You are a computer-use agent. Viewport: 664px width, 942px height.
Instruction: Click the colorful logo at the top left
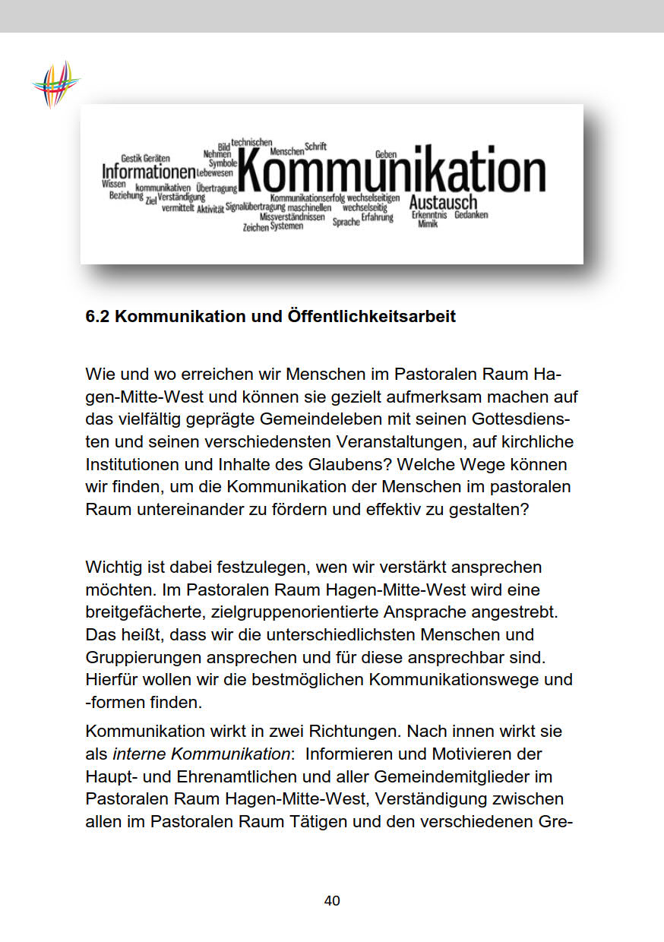[x=55, y=84]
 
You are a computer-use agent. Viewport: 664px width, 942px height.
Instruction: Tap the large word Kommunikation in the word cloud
[x=392, y=173]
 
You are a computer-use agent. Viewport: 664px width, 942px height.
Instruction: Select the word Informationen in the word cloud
[x=149, y=172]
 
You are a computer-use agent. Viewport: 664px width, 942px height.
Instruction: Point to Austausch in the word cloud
[x=443, y=203]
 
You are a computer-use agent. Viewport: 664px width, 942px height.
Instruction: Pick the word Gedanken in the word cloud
[x=471, y=215]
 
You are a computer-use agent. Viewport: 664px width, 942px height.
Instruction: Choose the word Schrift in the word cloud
[x=315, y=146]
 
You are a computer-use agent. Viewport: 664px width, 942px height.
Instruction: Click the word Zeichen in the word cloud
[x=255, y=227]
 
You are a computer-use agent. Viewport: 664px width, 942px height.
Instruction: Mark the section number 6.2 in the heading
[x=99, y=316]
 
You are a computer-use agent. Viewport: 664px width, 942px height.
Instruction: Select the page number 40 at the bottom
[x=332, y=901]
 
